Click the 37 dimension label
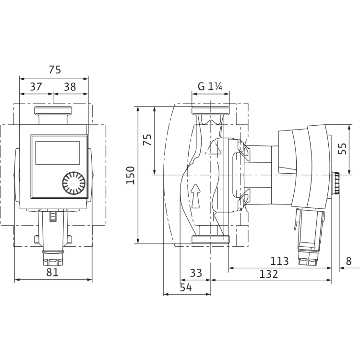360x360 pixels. tap(36, 87)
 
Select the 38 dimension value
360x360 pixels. tap(70, 87)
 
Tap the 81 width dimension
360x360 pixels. tap(52, 272)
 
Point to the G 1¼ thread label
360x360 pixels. tap(210, 87)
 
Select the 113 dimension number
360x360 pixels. tap(279, 261)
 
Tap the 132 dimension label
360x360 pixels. tap(268, 274)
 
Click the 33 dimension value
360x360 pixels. tap(195, 273)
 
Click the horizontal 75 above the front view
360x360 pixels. tap(54, 70)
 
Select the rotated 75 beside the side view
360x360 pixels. tap(148, 140)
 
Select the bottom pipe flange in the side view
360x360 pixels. tap(209, 240)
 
